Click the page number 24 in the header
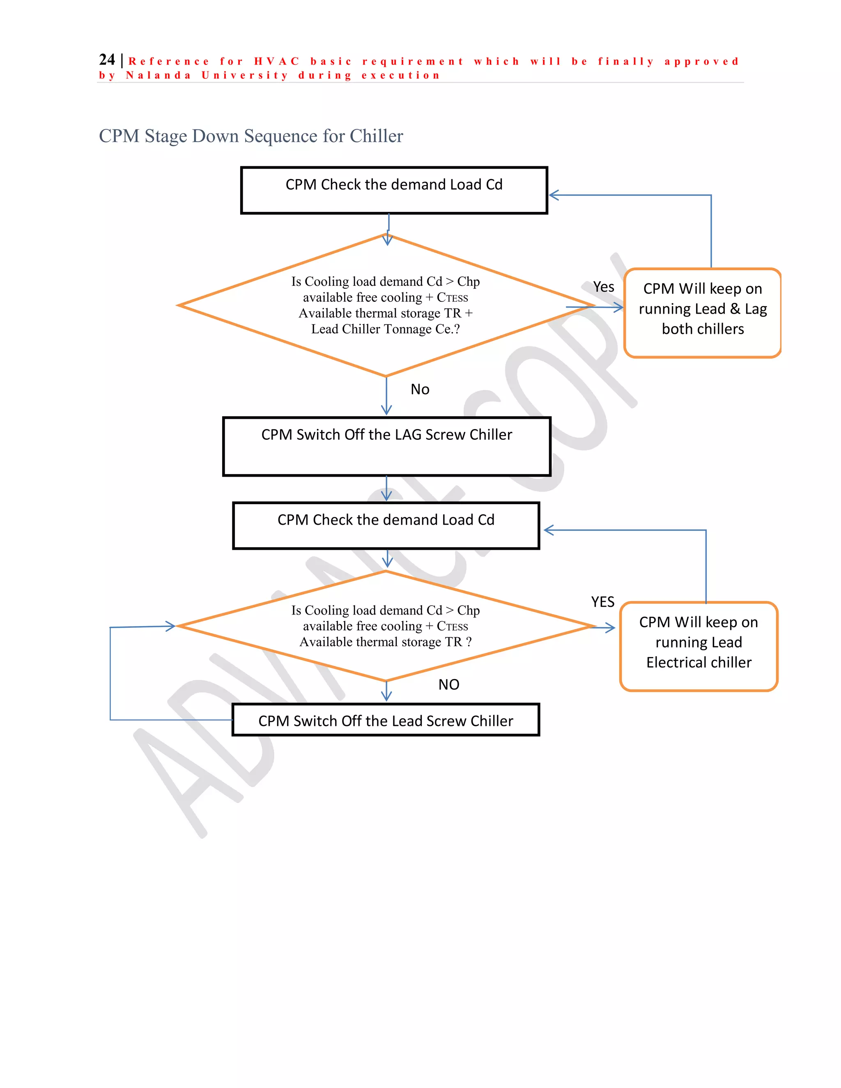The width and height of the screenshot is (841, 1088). [x=107, y=60]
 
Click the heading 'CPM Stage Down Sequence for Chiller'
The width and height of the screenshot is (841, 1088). [x=250, y=136]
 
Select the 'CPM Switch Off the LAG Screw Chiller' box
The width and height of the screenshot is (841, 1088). [x=386, y=446]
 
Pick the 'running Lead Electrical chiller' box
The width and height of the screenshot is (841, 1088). [x=699, y=646]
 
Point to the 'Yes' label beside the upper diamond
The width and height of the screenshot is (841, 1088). [x=603, y=287]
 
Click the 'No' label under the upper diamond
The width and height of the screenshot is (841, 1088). [x=420, y=389]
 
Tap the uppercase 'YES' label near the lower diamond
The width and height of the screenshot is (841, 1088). [x=602, y=602]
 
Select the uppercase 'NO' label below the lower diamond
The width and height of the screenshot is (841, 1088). [x=448, y=684]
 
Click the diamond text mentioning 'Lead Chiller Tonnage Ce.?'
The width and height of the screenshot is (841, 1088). [x=385, y=329]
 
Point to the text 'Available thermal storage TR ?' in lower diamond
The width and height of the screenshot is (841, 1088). [x=385, y=642]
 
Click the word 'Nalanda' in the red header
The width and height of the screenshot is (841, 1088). [x=158, y=76]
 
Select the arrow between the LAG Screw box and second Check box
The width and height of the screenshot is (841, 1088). [x=386, y=489]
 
